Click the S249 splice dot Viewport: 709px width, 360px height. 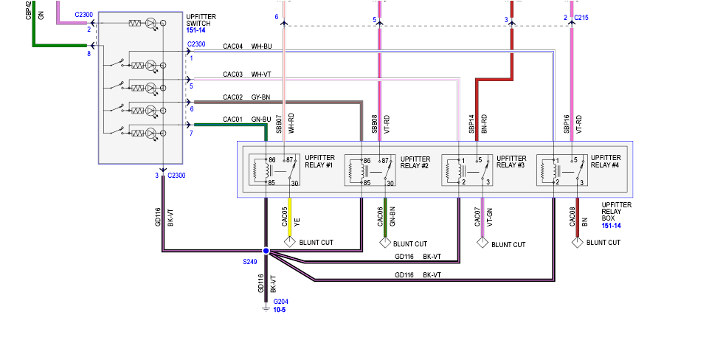pyautogui.click(x=266, y=251)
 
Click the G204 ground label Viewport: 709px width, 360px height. pyautogui.click(x=280, y=302)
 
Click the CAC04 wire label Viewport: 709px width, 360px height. pyautogui.click(x=232, y=46)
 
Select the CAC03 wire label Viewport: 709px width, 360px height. pyautogui.click(x=232, y=74)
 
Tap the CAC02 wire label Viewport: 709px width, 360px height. pyautogui.click(x=232, y=97)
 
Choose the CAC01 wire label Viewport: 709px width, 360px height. pyautogui.click(x=232, y=120)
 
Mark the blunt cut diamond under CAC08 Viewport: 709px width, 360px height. pyautogui.click(x=577, y=242)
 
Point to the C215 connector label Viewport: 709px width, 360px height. pyautogui.click(x=581, y=18)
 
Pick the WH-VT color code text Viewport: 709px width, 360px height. pyautogui.click(x=262, y=74)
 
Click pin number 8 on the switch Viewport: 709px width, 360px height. pyautogui.click(x=89, y=53)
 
